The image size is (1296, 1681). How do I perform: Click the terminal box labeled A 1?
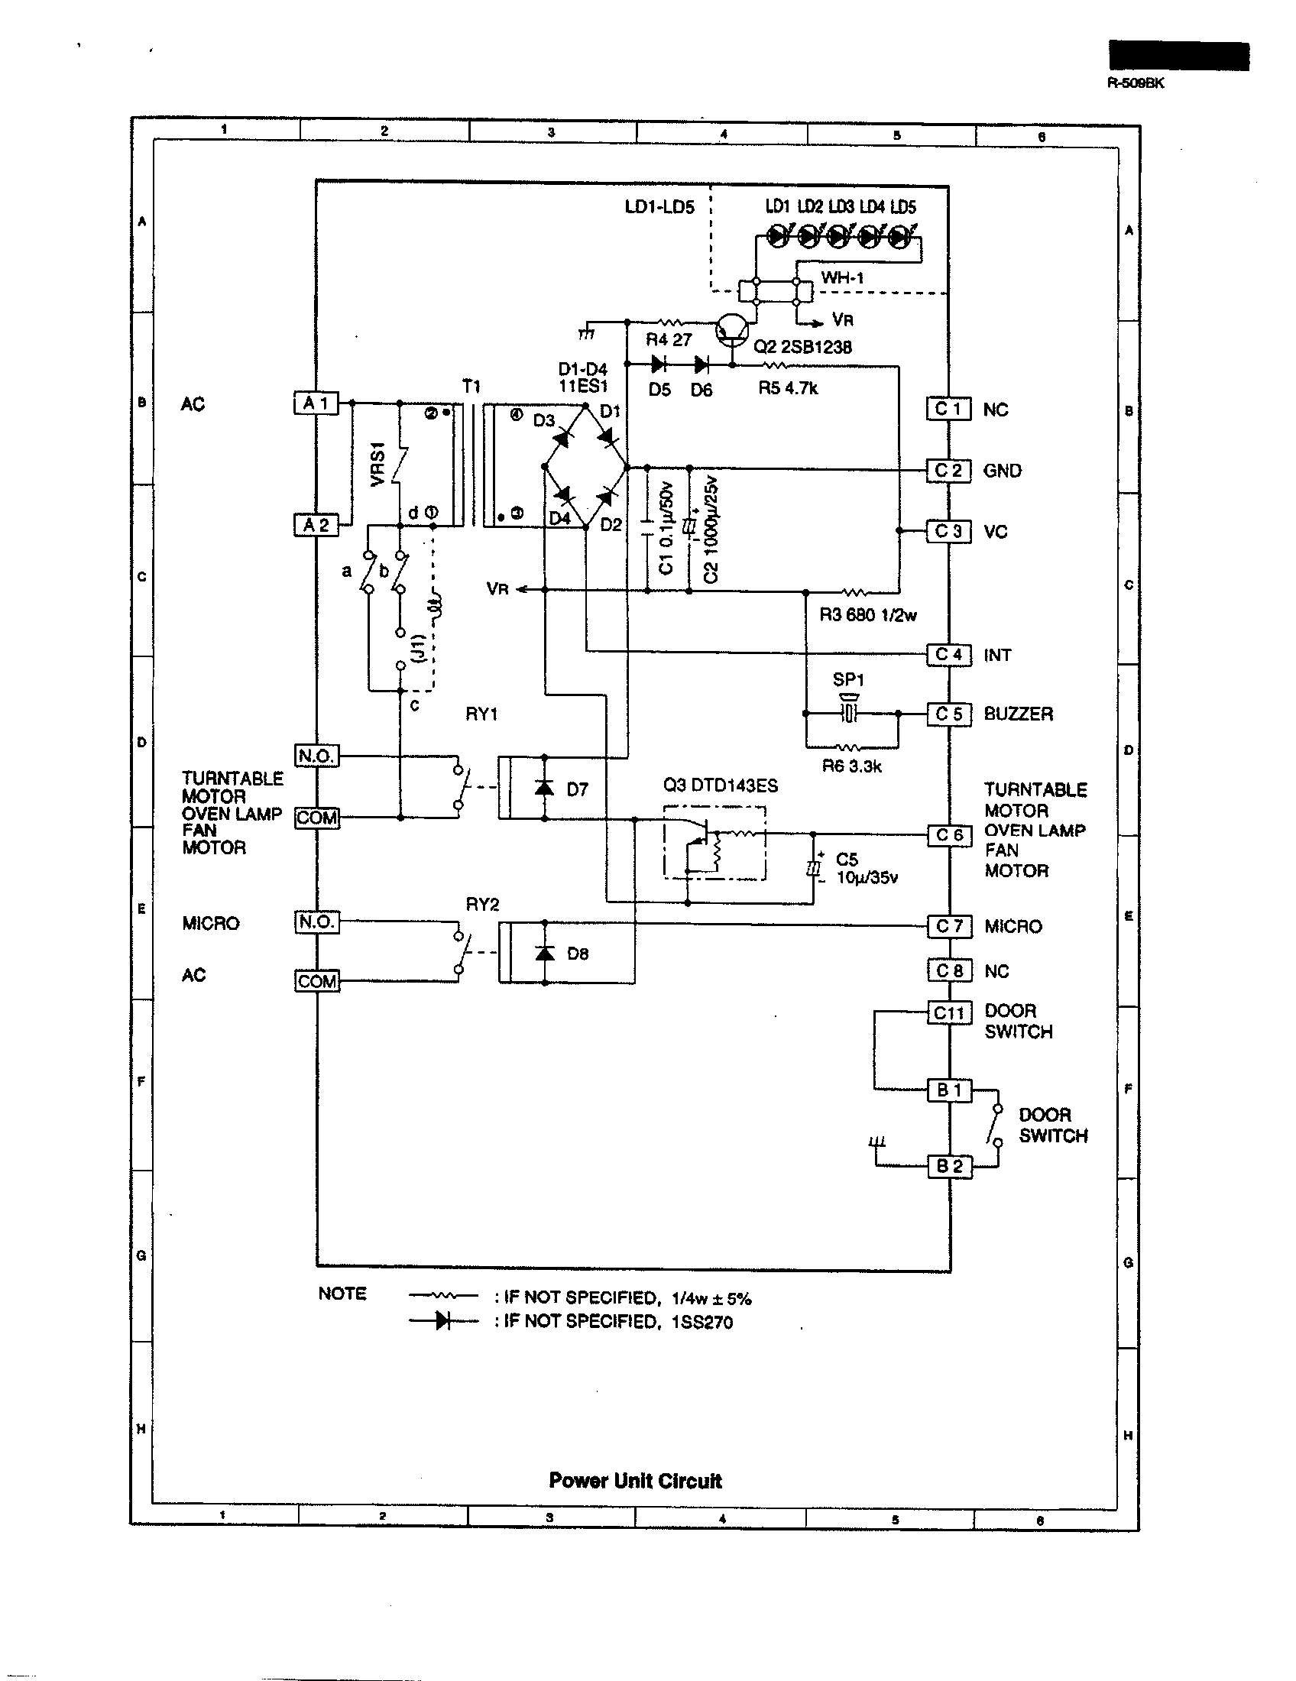pyautogui.click(x=316, y=403)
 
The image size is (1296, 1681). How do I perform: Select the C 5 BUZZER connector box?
pyautogui.click(x=948, y=714)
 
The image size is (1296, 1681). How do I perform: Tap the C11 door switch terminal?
pyautogui.click(x=948, y=1013)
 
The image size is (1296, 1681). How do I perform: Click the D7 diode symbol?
pyautogui.click(x=545, y=789)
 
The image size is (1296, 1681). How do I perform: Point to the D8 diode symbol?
pyautogui.click(x=545, y=953)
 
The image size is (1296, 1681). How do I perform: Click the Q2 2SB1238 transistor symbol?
pyautogui.click(x=731, y=329)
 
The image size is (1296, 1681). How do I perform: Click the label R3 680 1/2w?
pyautogui.click(x=867, y=615)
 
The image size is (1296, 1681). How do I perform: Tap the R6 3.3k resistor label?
pyautogui.click(x=851, y=766)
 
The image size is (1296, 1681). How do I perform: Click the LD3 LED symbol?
pyautogui.click(x=838, y=237)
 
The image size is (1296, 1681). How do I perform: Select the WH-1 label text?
pyautogui.click(x=842, y=278)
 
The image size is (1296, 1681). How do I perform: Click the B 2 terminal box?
pyautogui.click(x=949, y=1166)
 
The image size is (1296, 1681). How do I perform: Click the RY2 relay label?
pyautogui.click(x=481, y=905)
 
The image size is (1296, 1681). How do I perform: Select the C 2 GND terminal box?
pyautogui.click(x=948, y=470)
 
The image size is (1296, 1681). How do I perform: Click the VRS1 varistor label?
pyautogui.click(x=377, y=464)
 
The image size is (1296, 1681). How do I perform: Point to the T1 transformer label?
pyautogui.click(x=471, y=386)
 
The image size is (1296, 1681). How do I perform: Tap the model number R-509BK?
pyautogui.click(x=1136, y=83)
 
